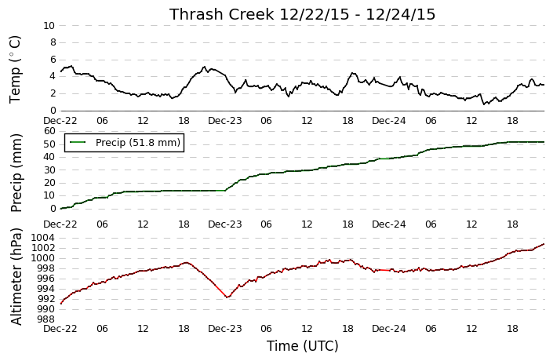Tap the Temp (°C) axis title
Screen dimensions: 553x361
point(15,70)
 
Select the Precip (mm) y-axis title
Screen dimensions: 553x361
point(16,173)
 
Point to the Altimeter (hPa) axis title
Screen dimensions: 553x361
point(16,277)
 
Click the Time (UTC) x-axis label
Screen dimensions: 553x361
point(302,346)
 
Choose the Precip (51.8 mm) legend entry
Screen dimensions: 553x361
point(124,142)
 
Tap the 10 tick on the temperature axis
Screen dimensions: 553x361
point(49,26)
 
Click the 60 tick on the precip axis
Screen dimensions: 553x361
point(50,131)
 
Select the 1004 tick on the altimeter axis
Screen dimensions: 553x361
point(43,238)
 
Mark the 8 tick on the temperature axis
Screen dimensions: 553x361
point(53,42)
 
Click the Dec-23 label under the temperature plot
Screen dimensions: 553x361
point(224,121)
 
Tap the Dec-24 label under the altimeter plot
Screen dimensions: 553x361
point(388,329)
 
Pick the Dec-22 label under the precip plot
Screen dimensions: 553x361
point(60,224)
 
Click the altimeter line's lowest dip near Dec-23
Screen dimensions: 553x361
point(227,297)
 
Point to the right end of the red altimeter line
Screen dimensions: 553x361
point(544,244)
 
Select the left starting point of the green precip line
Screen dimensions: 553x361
point(60,209)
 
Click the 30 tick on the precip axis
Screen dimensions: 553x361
point(50,170)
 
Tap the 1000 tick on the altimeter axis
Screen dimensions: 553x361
point(43,258)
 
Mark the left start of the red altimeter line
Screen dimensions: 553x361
point(60,304)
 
